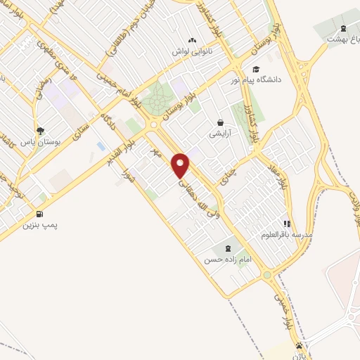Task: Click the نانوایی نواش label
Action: coord(192,52)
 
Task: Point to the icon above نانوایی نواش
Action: coord(192,41)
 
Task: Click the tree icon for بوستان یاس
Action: coord(40,130)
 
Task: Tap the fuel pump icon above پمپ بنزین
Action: coord(39,214)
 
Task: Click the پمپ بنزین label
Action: coord(38,226)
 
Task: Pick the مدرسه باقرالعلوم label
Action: coord(287,235)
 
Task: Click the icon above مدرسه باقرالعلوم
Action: coord(287,223)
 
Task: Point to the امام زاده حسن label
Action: coord(227,259)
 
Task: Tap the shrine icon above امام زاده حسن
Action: coord(228,247)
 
